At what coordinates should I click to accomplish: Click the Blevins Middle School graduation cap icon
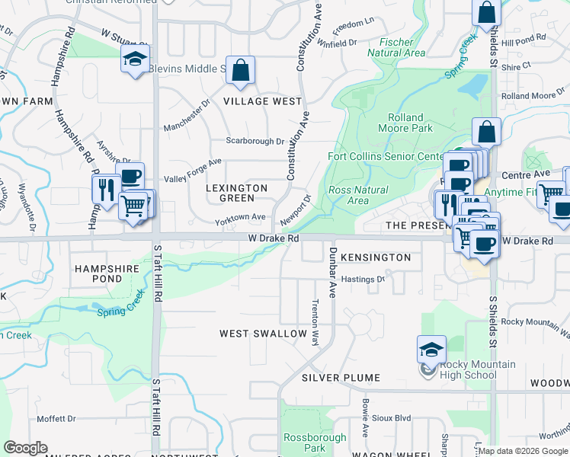[135, 58]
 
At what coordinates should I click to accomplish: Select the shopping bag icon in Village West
[240, 71]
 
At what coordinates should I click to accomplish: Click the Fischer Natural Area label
[395, 48]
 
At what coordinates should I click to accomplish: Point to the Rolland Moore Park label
[411, 123]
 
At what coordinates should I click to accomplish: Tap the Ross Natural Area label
[357, 196]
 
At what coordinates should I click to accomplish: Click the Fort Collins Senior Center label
[385, 157]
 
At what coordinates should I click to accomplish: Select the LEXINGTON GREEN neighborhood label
[238, 193]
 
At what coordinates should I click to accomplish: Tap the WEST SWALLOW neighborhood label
[264, 334]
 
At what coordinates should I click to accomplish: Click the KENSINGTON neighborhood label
[376, 257]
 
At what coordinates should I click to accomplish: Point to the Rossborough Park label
[315, 443]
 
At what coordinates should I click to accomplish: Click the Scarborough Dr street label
[255, 141]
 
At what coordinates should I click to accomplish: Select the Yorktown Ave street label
[240, 217]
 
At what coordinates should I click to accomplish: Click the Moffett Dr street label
[56, 419]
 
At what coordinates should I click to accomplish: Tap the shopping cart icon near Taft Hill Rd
[133, 205]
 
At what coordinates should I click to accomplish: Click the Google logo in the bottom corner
[25, 448]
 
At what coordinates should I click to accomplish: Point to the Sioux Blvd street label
[391, 418]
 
